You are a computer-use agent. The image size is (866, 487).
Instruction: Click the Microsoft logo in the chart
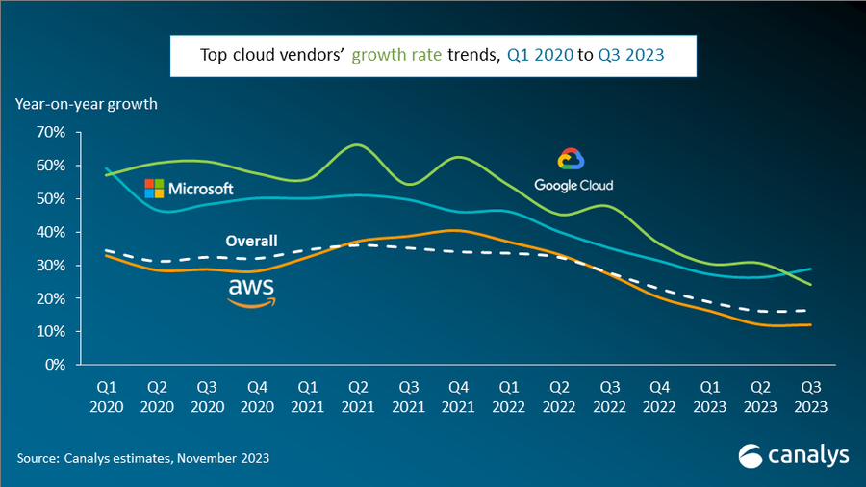click(189, 188)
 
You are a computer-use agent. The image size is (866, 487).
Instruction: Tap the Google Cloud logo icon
click(572, 160)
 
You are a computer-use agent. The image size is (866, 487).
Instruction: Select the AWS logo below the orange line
click(251, 293)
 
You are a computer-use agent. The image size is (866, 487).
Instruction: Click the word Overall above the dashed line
click(251, 241)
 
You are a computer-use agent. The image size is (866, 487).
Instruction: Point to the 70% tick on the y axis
click(49, 132)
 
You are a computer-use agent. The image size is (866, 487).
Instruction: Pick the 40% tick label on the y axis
click(49, 232)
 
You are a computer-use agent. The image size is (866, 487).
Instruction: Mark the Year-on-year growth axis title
click(86, 103)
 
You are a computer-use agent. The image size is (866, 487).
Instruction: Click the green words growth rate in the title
click(397, 55)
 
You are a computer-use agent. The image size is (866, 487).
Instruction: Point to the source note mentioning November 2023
click(142, 458)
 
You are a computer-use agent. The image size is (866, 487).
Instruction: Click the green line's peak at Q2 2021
click(357, 144)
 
